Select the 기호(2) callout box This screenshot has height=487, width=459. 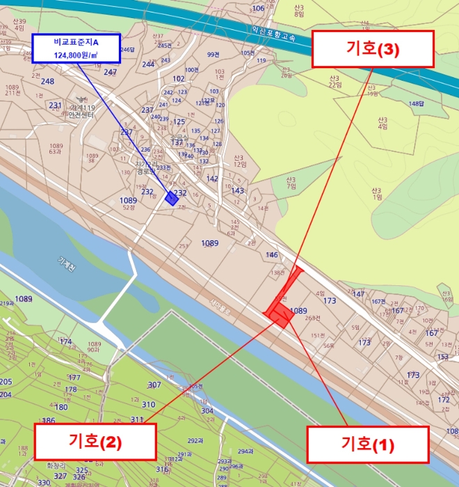[95, 441]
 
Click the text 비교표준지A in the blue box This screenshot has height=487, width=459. [76, 42]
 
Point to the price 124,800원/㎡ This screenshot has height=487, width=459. [76, 54]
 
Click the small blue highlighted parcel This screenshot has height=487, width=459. [171, 198]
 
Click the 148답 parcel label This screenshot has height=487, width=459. [416, 104]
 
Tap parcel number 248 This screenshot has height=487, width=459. [47, 81]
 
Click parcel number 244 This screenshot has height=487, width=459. [147, 65]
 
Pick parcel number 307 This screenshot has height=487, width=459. [154, 385]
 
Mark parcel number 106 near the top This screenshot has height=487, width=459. [258, 8]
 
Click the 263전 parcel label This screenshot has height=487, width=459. [312, 318]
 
